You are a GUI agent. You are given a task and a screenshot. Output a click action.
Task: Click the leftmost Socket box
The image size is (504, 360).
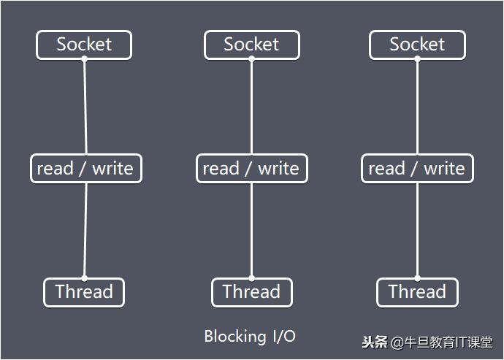tap(84, 45)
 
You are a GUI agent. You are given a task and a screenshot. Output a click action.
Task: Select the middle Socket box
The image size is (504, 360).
tap(251, 45)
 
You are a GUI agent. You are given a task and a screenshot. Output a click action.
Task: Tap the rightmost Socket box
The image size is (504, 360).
tap(417, 45)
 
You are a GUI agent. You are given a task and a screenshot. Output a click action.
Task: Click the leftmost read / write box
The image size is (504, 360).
tap(85, 169)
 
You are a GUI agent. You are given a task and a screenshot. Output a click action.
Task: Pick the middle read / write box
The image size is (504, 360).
tap(251, 169)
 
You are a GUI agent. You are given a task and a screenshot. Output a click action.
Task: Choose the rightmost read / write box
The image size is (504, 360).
tap(417, 169)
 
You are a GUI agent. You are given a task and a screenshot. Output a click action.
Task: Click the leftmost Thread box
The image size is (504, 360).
tap(84, 292)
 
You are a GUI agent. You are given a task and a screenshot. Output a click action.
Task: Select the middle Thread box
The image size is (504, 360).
tap(251, 292)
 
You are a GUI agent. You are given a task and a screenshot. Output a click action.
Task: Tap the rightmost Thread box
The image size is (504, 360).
tap(417, 292)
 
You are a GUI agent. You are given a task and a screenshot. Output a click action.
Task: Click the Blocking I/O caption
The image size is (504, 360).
tap(250, 337)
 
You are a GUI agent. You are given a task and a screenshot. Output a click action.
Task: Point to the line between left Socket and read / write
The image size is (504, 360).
tap(85, 107)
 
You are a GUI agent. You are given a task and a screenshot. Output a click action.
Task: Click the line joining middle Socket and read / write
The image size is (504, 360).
tap(251, 107)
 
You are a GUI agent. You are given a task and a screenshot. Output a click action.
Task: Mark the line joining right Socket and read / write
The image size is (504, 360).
tap(417, 107)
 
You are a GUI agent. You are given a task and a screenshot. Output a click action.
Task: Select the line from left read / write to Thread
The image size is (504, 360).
tap(85, 230)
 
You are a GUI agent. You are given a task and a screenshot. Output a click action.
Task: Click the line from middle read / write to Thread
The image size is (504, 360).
tap(251, 230)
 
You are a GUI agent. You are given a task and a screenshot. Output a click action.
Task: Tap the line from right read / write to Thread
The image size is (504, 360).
tap(417, 230)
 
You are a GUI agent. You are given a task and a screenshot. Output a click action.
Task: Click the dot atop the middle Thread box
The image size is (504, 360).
tap(251, 278)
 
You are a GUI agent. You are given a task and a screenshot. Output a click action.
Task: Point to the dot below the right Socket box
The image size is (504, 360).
tap(417, 59)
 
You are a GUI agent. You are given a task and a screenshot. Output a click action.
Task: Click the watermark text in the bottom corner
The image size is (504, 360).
tap(427, 342)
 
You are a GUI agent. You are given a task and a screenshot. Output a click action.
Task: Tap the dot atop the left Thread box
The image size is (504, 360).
tap(85, 278)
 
